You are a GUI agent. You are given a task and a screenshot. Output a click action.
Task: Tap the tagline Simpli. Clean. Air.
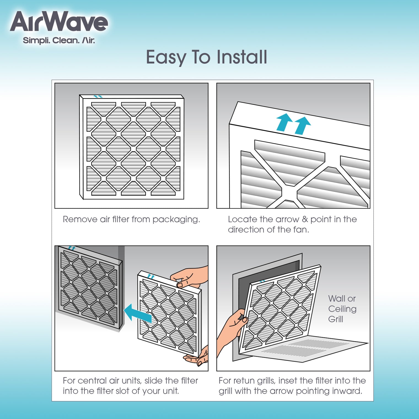tap(59, 41)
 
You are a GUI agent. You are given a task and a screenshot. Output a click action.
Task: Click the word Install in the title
tap(241, 57)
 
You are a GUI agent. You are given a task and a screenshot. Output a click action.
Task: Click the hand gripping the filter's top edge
tap(190, 277)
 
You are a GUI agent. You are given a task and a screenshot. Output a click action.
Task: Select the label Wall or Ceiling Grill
tap(342, 309)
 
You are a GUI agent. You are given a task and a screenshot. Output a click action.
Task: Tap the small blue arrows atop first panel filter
tap(98, 96)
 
